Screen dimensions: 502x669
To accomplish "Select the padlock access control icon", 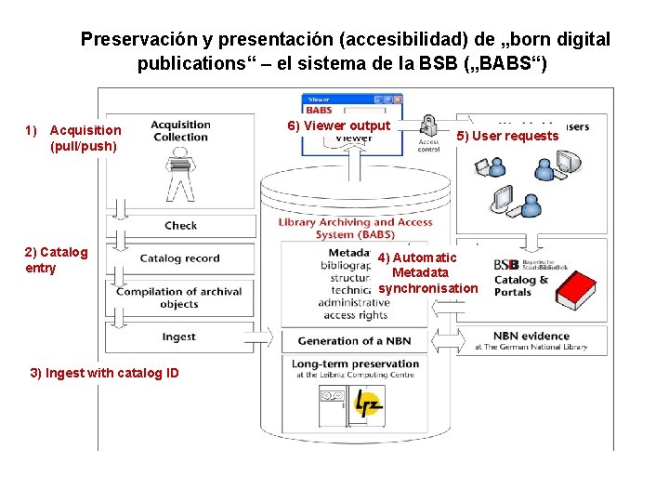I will [x=428, y=126].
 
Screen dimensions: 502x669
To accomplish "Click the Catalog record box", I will [x=180, y=258].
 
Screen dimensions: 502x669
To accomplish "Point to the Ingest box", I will [x=178, y=337].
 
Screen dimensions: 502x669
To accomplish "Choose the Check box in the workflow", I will [x=180, y=225].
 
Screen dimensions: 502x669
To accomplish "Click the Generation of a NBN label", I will [x=354, y=340].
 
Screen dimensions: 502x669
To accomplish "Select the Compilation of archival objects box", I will [x=178, y=297].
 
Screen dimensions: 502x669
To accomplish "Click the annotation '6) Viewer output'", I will [x=338, y=125].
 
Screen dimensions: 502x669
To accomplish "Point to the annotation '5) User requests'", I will [x=507, y=137].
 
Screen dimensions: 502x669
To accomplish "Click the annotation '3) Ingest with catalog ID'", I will [x=104, y=373].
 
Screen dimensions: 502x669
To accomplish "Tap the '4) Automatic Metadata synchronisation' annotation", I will [x=427, y=272].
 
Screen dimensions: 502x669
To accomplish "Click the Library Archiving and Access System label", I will [x=355, y=228].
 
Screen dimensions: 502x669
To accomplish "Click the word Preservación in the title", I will [x=138, y=40].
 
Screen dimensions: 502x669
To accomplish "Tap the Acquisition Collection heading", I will [x=180, y=131].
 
